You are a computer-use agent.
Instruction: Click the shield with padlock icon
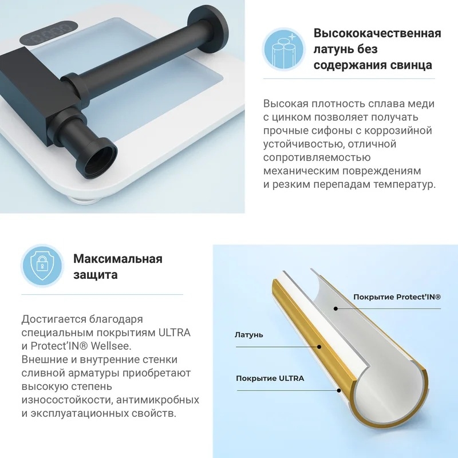pyautogui.click(x=42, y=266)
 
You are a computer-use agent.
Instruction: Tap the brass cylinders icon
pyautogui.click(x=283, y=49)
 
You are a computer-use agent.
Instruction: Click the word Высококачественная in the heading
pyautogui.click(x=377, y=33)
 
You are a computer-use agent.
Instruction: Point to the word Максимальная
pyautogui.click(x=118, y=259)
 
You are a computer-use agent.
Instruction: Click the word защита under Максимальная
pyautogui.click(x=96, y=275)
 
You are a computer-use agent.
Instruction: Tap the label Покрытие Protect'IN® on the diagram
pyautogui.click(x=397, y=297)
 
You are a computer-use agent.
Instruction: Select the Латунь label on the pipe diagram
pyautogui.click(x=249, y=335)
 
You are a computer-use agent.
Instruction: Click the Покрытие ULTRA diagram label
pyautogui.click(x=270, y=378)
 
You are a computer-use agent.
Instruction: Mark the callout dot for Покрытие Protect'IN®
pyautogui.click(x=336, y=309)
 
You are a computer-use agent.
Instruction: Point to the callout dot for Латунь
pyautogui.click(x=319, y=347)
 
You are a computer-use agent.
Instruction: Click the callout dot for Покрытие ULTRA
pyautogui.click(x=339, y=390)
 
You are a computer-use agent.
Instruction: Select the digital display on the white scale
pyautogui.click(x=48, y=33)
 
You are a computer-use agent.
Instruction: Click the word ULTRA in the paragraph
pyautogui.click(x=175, y=333)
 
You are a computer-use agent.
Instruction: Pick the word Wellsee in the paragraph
pyautogui.click(x=111, y=346)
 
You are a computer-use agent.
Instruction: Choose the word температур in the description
pyautogui.click(x=405, y=184)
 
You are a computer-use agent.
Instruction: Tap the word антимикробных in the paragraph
pyautogui.click(x=158, y=400)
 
